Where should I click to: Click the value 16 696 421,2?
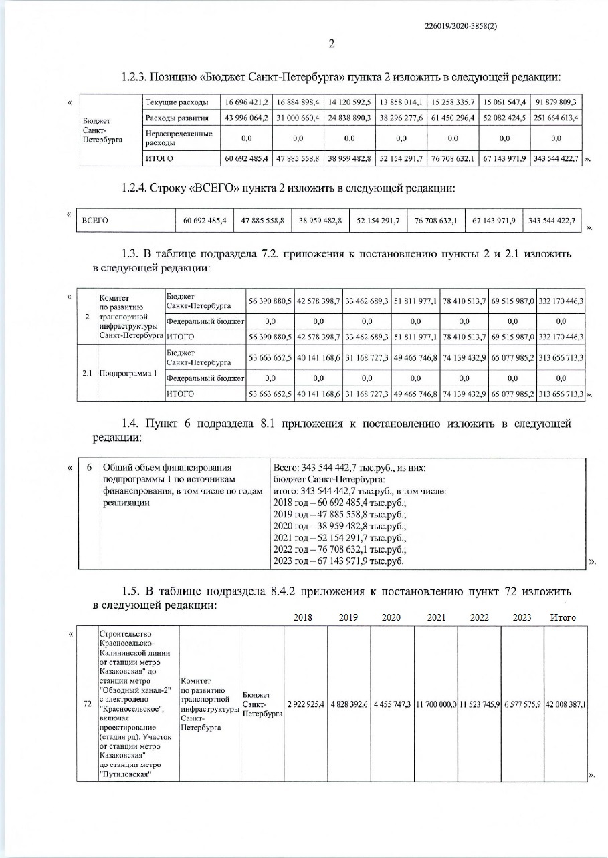247,102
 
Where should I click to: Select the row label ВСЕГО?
94,220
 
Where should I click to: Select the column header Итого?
563,618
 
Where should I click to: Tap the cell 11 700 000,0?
436,705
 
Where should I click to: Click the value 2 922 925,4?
306,705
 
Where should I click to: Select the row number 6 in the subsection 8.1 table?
88,466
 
